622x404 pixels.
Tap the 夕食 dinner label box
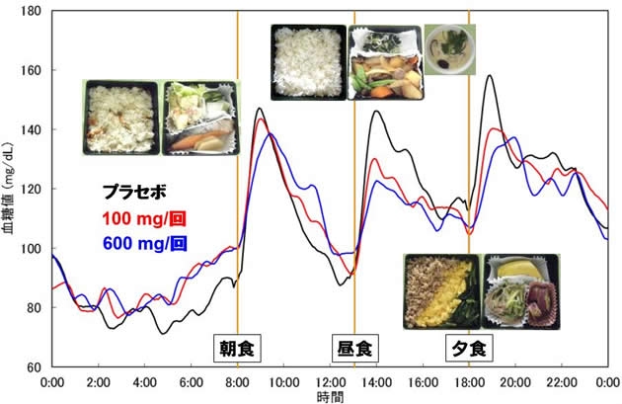[x=469, y=349]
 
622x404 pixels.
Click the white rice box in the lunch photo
[x=308, y=61]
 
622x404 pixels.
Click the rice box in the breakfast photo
[x=119, y=119]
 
